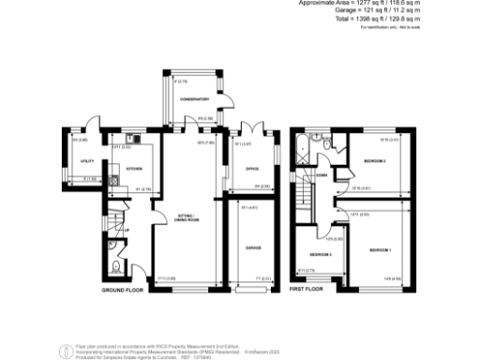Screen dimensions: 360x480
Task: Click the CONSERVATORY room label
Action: pyautogui.click(x=193, y=97)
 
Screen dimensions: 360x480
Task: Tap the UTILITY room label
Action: pyautogui.click(x=74, y=162)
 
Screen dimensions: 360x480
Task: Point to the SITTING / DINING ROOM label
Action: pyautogui.click(x=188, y=220)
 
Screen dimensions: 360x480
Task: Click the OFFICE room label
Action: pyautogui.click(x=250, y=169)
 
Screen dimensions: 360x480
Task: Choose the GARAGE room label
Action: pyautogui.click(x=253, y=247)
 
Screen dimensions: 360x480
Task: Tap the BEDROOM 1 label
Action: pyautogui.click(x=380, y=250)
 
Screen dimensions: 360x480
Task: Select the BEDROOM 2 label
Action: pyautogui.click(x=375, y=161)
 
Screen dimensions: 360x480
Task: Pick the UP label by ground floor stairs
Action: pyautogui.click(x=127, y=231)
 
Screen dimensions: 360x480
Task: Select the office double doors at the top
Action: pyautogui.click(x=250, y=129)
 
